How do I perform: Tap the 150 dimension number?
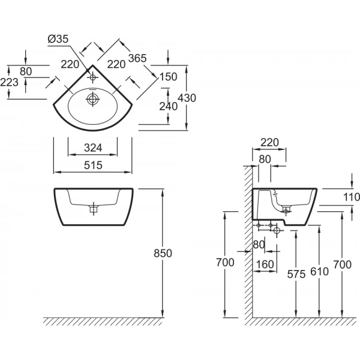point(169,76)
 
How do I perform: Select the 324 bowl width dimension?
point(92,146)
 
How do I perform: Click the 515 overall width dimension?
point(92,164)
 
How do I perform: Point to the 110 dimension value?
point(352,197)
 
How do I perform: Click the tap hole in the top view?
point(92,77)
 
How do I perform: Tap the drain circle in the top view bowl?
point(92,98)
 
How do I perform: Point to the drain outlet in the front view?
point(92,210)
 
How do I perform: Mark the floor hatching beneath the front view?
point(102,322)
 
